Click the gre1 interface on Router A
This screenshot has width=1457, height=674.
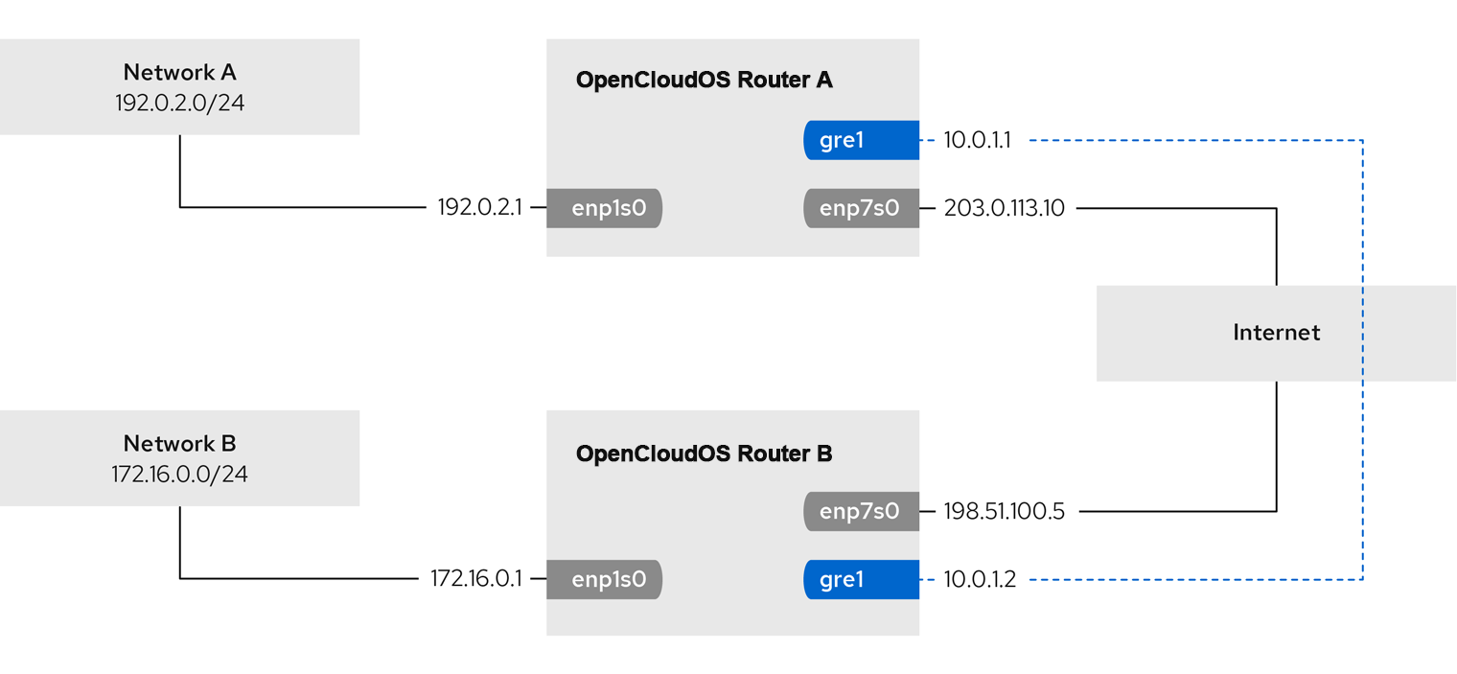coord(861,140)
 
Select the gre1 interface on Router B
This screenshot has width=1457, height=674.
coord(861,579)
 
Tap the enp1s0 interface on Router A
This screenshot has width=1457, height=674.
coord(604,208)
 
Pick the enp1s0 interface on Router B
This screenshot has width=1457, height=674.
coord(604,579)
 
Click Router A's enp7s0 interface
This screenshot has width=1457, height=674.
coord(861,208)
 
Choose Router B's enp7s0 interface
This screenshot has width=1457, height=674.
coord(861,511)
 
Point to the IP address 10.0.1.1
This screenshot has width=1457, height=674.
coord(977,140)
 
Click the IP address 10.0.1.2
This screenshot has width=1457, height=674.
coord(980,579)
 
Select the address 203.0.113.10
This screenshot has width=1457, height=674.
coord(1005,208)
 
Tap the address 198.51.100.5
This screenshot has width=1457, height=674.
coord(1005,511)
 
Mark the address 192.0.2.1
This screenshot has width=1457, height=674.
coord(480,207)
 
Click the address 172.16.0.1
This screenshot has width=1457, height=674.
coord(476,578)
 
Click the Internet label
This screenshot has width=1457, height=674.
coord(1276,333)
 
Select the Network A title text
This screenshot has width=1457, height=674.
coord(179,72)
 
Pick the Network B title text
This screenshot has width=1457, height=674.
coord(179,443)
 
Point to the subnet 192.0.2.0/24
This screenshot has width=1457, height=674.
coord(179,103)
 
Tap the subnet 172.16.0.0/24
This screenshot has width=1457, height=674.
coord(179,474)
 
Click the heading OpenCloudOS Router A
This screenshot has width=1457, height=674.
coord(704,80)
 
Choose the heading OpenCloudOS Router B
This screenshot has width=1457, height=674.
coord(704,453)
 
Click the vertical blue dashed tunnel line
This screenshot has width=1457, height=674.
coord(1363,360)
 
